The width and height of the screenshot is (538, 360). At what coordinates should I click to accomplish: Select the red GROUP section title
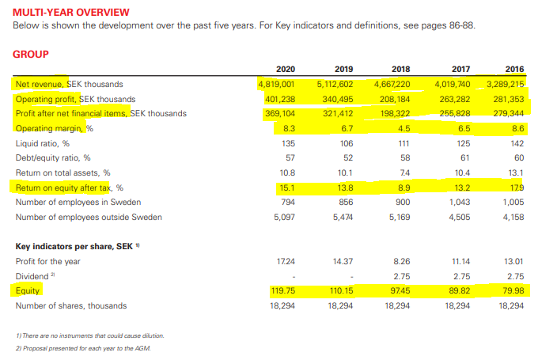click(31, 55)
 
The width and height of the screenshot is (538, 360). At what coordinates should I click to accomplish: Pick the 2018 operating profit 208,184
click(393, 99)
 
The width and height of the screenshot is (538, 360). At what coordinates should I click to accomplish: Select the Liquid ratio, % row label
click(43, 143)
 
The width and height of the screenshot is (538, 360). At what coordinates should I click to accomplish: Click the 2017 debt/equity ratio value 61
click(465, 157)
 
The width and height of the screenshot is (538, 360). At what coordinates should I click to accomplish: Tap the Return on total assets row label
click(63, 172)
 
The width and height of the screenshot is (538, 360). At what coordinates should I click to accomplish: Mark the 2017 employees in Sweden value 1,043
click(460, 202)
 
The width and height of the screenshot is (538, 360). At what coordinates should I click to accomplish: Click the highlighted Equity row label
click(28, 291)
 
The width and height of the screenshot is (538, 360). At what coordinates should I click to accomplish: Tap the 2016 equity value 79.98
click(513, 291)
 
